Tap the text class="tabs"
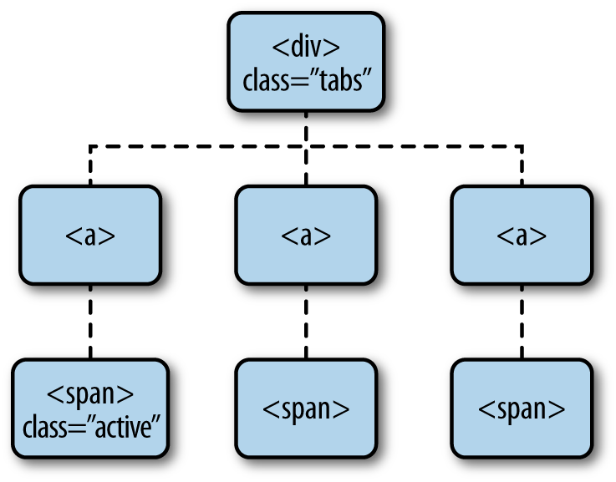pyautogui.click(x=306, y=82)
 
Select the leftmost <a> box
pyautogui.click(x=89, y=236)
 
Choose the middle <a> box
pyautogui.click(x=306, y=236)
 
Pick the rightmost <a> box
pyautogui.click(x=522, y=236)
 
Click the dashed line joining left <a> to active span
pyautogui.click(x=89, y=322)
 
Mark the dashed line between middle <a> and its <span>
pyautogui.click(x=306, y=322)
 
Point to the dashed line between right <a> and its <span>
pyautogui.click(x=522, y=322)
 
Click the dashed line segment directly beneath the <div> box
pyautogui.click(x=306, y=129)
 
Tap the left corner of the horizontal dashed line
pyautogui.click(x=90, y=147)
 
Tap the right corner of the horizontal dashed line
pyautogui.click(x=522, y=147)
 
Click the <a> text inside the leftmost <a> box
pyautogui.click(x=89, y=236)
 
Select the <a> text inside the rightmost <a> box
pyautogui.click(x=522, y=236)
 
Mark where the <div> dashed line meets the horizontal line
pyautogui.click(x=306, y=147)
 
